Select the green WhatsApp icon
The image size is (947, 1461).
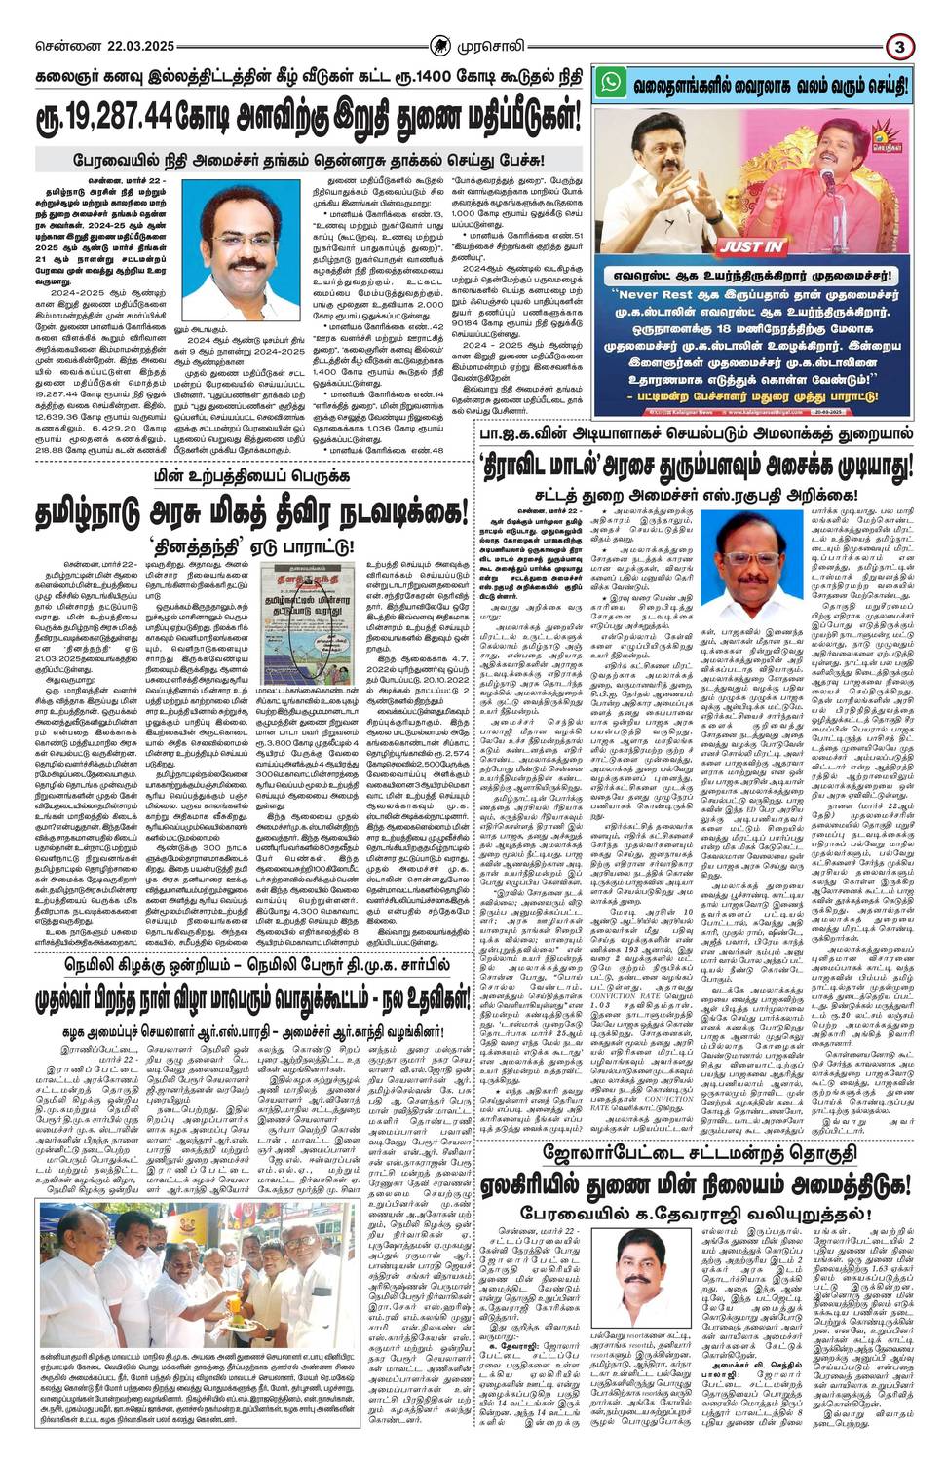610,82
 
